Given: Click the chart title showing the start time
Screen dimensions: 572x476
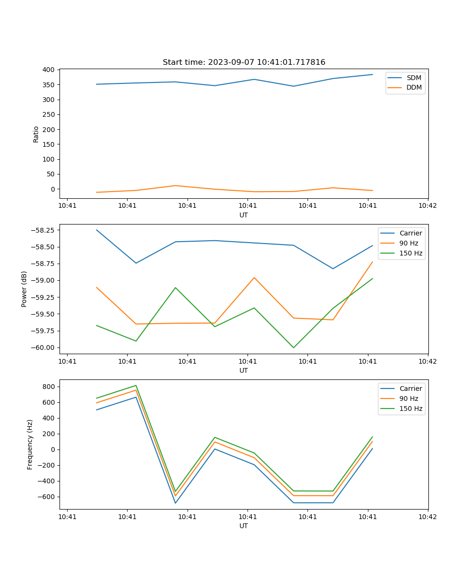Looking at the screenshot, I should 244,62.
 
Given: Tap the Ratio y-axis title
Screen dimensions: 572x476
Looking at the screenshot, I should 36,134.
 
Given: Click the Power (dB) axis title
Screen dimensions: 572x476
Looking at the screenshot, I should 24,289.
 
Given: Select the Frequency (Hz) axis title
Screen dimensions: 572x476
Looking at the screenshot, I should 30,444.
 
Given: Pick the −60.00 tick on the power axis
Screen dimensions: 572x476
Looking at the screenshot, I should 42,347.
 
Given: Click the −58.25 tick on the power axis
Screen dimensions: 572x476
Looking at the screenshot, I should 42,230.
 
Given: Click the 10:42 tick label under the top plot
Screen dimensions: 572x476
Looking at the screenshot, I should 427,206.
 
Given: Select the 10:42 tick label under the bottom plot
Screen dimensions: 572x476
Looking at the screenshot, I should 427,517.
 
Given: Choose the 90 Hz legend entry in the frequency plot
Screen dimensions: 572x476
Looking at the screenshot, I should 409,398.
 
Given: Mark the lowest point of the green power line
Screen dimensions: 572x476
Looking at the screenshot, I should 293,347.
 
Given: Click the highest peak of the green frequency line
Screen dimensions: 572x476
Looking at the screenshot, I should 136,386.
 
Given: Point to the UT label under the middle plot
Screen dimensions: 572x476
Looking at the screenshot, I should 244,370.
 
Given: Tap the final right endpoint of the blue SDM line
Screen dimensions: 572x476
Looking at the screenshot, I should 372,74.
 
